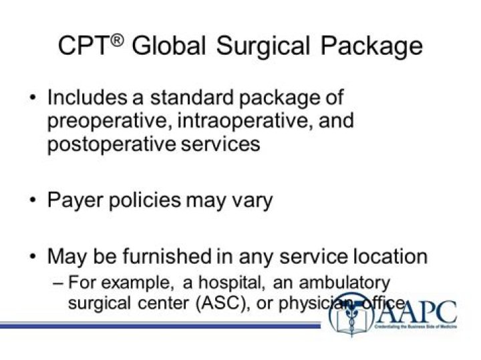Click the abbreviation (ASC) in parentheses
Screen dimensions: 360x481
click(222, 302)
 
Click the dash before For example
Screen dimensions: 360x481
click(58, 282)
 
